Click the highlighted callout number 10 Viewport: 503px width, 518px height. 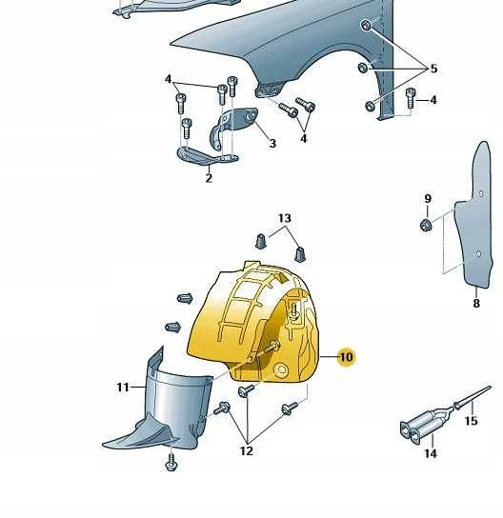[x=346, y=357]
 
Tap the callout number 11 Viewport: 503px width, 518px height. [x=123, y=387]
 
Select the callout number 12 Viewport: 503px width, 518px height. [x=247, y=450]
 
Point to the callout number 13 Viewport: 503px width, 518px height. [x=284, y=218]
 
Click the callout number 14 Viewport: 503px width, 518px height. [x=431, y=453]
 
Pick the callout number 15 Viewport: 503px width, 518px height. [x=471, y=421]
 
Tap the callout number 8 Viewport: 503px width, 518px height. [x=476, y=303]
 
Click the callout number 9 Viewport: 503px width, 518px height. [x=428, y=199]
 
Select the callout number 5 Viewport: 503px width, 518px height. [x=433, y=69]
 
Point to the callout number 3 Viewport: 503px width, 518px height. [x=272, y=143]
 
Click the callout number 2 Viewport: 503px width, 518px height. [x=209, y=178]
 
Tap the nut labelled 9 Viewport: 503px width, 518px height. [x=427, y=225]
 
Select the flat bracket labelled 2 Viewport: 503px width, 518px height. [x=207, y=156]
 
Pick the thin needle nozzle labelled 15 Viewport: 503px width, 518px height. [x=473, y=396]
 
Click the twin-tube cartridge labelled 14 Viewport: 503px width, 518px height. [x=425, y=425]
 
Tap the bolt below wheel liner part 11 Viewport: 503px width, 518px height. [x=171, y=462]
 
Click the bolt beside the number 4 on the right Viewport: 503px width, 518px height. [x=411, y=98]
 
